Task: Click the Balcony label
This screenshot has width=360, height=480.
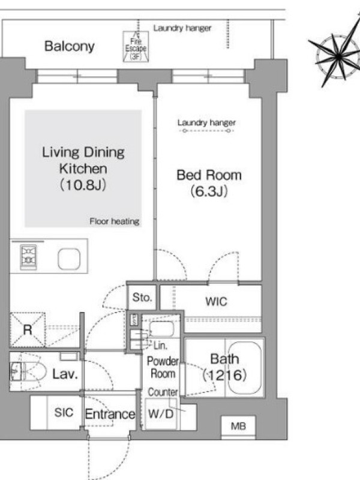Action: [69, 46]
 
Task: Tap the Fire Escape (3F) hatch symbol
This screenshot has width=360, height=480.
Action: [136, 47]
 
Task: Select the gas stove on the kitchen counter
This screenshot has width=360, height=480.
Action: [28, 257]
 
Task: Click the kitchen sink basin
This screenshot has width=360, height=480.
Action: [69, 259]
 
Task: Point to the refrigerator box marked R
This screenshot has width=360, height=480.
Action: [28, 329]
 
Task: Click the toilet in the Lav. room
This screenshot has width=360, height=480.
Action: [28, 372]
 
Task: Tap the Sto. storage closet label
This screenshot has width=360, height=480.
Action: [142, 297]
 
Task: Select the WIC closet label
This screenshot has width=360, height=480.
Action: [216, 302]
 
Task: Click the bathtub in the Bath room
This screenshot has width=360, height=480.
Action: [245, 367]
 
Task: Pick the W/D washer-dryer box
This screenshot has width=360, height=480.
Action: [161, 414]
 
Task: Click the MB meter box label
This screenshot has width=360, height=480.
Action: [238, 426]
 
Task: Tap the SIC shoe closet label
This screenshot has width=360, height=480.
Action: [64, 412]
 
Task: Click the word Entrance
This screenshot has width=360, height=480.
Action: [110, 414]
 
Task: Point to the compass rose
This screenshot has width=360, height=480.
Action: [338, 56]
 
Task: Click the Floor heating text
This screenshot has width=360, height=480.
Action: [115, 221]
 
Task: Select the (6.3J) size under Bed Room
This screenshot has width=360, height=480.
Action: [209, 191]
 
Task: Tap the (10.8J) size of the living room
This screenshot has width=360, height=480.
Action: [83, 185]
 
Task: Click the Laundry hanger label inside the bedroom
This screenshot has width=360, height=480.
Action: [206, 123]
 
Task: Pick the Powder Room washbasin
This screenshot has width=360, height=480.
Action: [161, 329]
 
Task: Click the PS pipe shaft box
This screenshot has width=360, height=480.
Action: [134, 320]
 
